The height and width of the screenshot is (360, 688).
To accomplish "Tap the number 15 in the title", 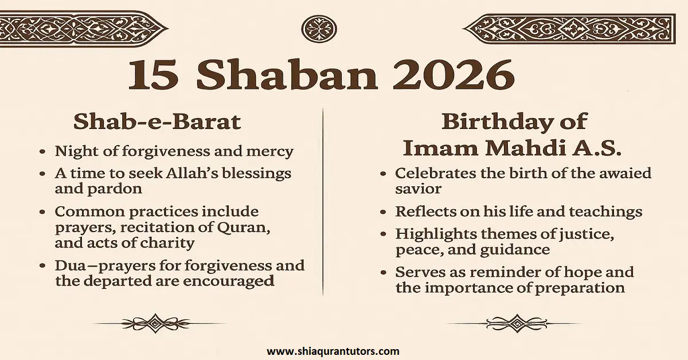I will (x=154, y=75).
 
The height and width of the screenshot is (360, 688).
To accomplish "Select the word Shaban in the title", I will (x=287, y=75).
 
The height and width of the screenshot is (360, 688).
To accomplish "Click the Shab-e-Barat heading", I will (x=157, y=122).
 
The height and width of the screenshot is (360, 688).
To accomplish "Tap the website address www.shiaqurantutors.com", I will (x=333, y=351).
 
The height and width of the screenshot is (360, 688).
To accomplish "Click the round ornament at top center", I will (x=319, y=28).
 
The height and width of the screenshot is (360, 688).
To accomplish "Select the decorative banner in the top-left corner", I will (x=80, y=28).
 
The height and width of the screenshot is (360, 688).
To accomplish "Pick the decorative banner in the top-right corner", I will (x=568, y=28).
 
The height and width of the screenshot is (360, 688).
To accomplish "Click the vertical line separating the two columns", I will (x=323, y=201).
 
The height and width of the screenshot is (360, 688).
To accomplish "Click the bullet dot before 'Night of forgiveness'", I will (x=43, y=152).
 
